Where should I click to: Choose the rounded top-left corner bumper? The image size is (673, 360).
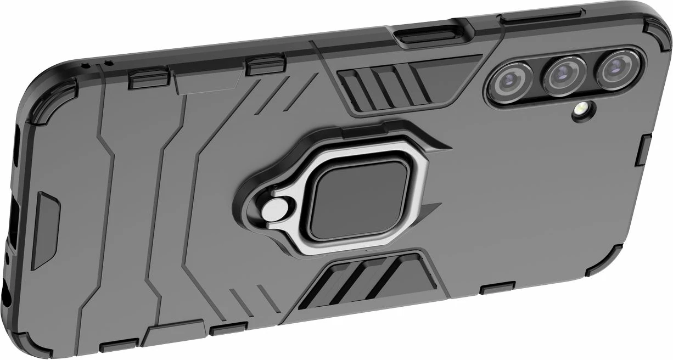point(49,88)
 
